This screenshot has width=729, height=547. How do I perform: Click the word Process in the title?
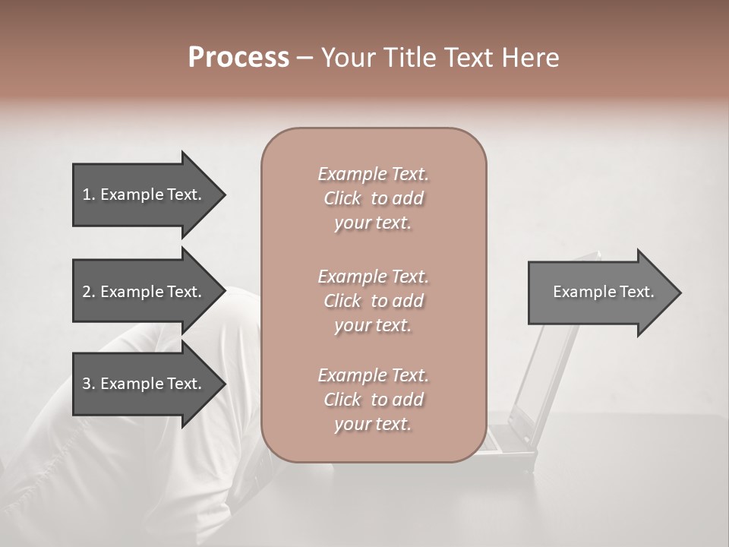coord(238,58)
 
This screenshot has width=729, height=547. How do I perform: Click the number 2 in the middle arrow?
coord(87,292)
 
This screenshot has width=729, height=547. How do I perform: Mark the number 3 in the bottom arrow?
coord(87,384)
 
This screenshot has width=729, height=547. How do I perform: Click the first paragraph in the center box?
coord(373,198)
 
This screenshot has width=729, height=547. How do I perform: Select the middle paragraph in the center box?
coord(373,301)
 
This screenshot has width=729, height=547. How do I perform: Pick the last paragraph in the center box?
coord(373,400)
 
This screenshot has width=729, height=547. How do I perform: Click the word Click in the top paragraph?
coord(342,198)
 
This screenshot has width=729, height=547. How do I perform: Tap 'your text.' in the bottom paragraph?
coord(373,424)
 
